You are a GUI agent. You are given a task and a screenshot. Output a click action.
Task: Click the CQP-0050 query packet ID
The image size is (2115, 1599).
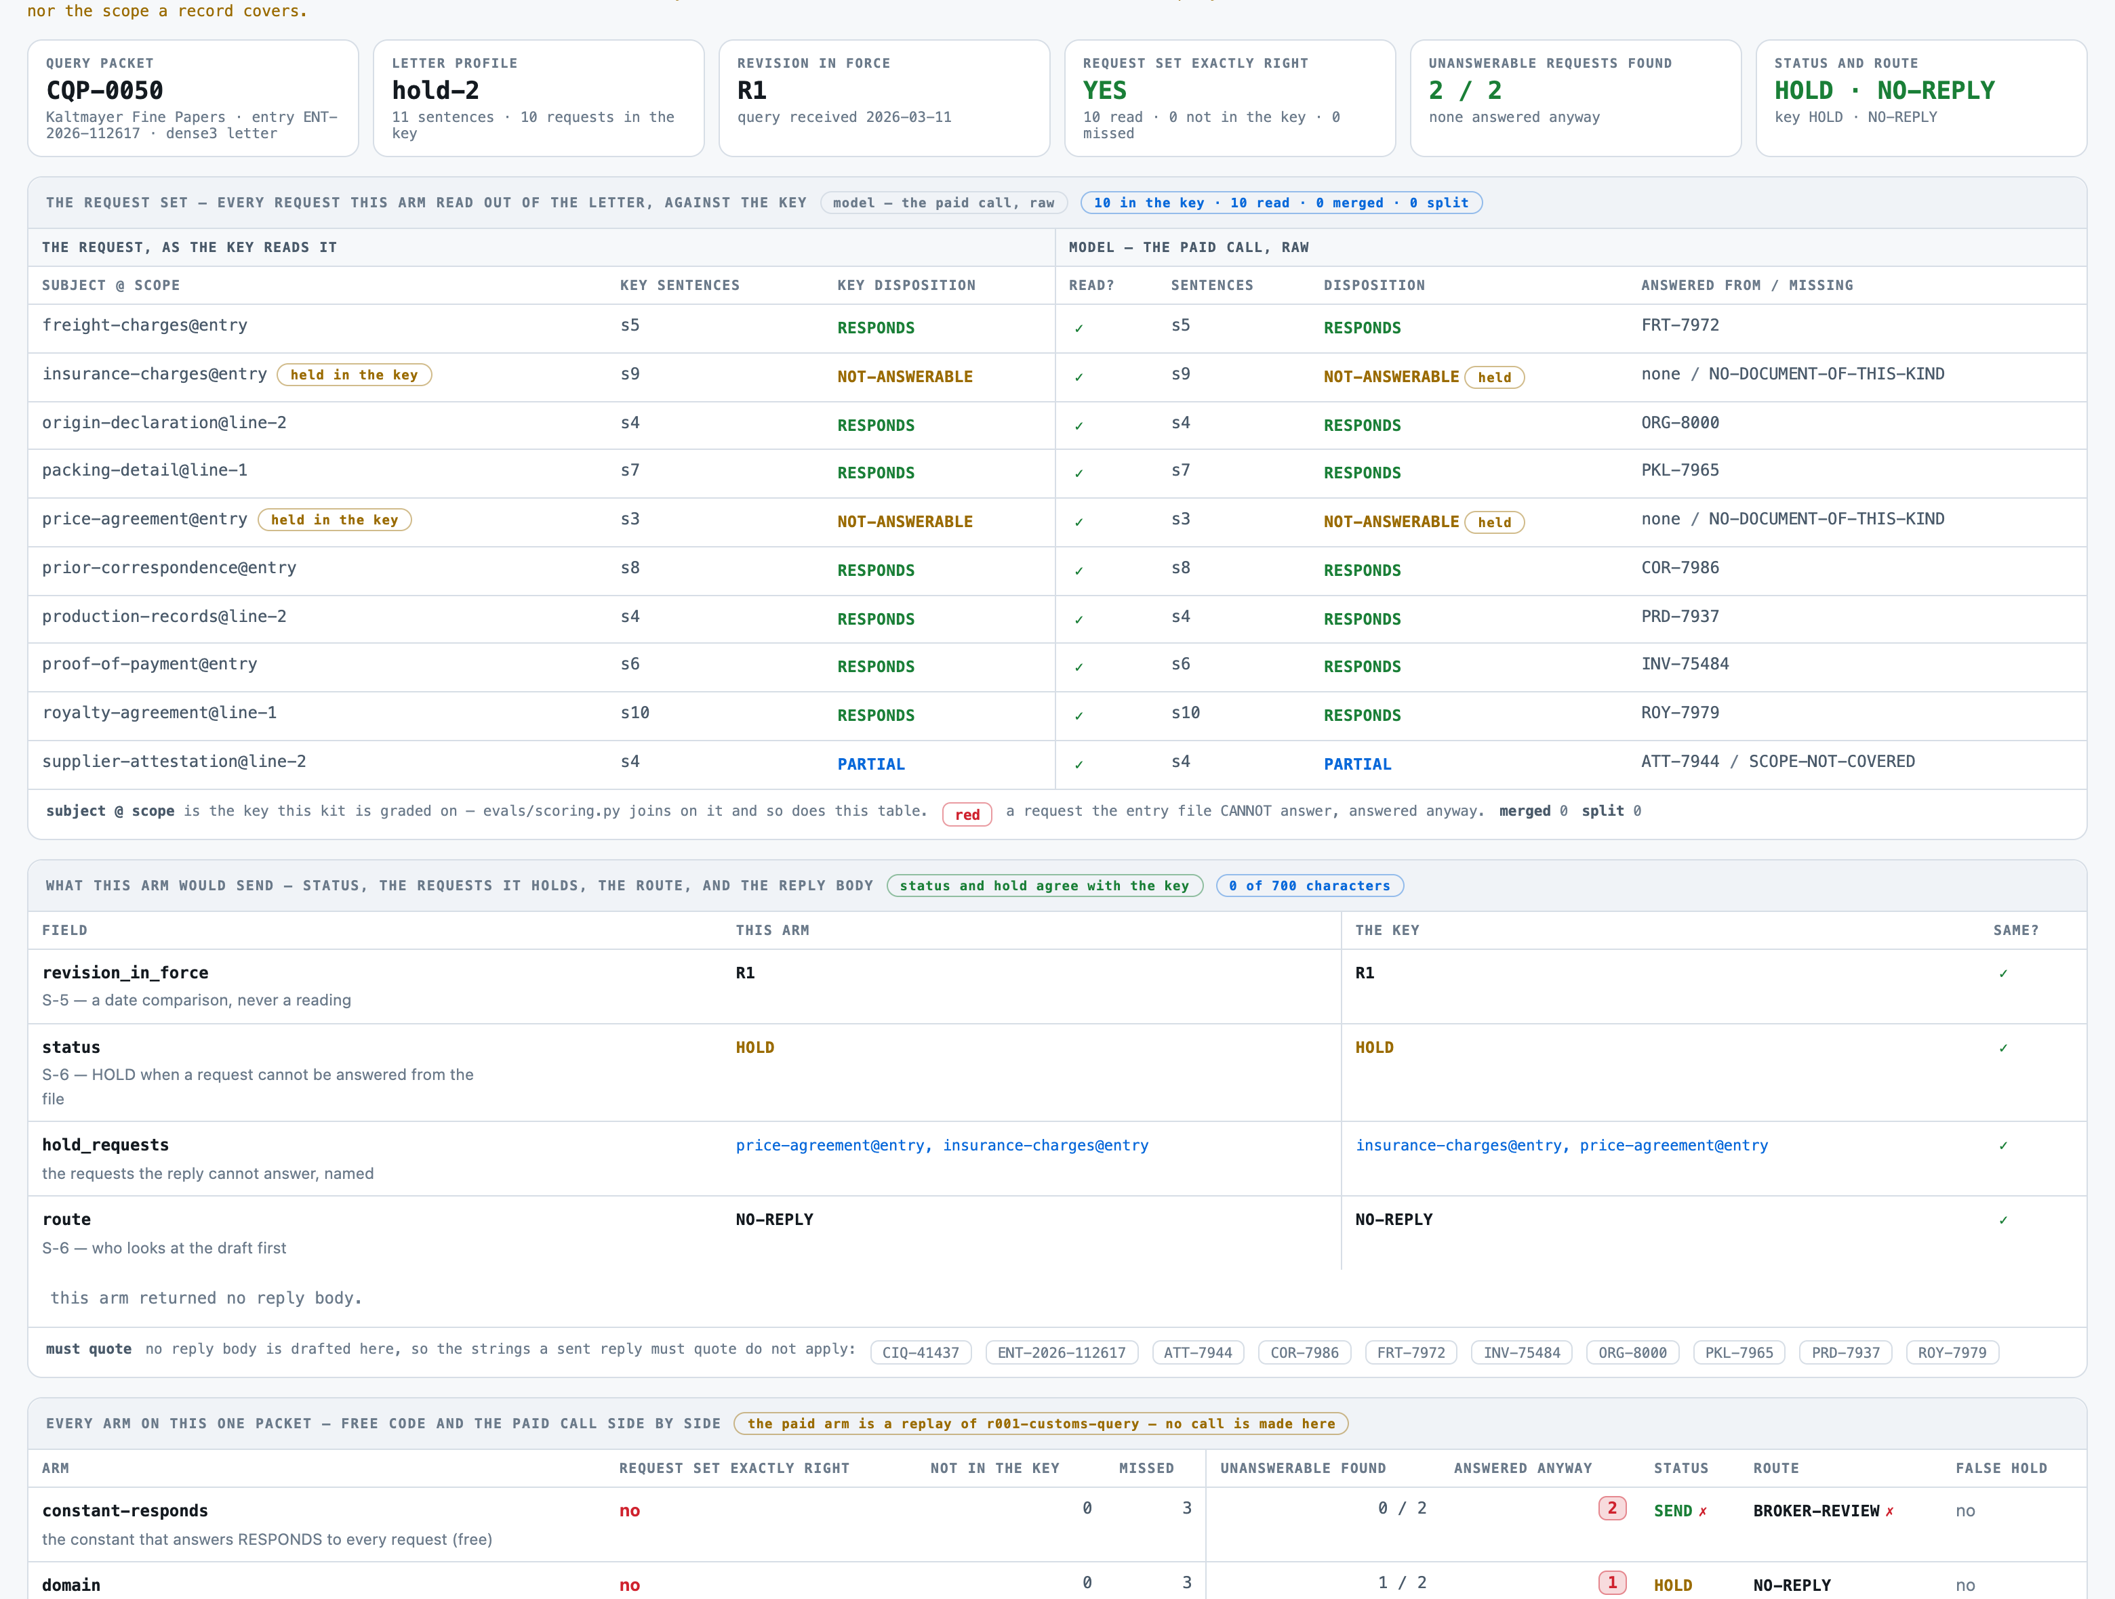pos(104,91)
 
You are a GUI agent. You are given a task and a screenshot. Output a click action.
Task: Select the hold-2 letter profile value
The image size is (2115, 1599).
pos(435,91)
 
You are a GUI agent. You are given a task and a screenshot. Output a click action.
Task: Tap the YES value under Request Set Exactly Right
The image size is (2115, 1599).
pos(1104,91)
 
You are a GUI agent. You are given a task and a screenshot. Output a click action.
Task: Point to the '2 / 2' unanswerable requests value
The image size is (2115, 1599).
pos(1465,91)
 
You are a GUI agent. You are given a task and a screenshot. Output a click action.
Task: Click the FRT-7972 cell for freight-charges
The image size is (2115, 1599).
pos(1680,325)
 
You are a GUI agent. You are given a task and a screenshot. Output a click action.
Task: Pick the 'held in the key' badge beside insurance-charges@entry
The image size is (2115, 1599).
pos(354,375)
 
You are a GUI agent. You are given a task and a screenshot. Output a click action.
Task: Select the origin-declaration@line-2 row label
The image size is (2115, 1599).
pos(165,423)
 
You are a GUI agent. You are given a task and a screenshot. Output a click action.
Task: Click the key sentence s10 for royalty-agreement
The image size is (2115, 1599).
pos(635,713)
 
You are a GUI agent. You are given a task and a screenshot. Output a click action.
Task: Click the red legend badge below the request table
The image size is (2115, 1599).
pos(967,814)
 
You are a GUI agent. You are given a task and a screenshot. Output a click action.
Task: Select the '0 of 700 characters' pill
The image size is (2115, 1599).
pos(1310,886)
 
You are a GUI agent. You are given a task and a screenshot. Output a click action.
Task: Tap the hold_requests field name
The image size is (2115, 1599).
pos(105,1145)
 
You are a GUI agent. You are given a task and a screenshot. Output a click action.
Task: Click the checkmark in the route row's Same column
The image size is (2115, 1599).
pos(2003,1220)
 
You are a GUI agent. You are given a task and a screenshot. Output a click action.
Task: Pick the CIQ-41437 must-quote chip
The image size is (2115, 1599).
pos(921,1352)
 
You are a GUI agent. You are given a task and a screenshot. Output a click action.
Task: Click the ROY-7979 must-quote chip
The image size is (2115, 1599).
pos(1952,1352)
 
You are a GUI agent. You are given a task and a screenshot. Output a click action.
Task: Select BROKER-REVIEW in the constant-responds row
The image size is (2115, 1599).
pos(1817,1511)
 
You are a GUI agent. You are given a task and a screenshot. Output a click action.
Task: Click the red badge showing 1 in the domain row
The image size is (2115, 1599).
pos(1612,1583)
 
